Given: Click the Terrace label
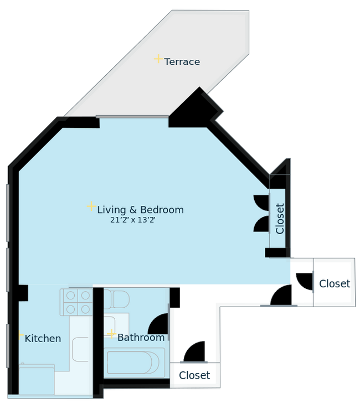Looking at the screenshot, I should (x=182, y=62).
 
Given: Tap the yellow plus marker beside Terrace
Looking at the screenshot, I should (x=158, y=59).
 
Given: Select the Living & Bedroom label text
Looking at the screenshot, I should (x=140, y=210).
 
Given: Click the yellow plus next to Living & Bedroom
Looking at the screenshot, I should (x=91, y=206).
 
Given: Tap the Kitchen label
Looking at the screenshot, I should (x=43, y=338).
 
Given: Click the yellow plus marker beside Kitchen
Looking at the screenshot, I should (x=20, y=335).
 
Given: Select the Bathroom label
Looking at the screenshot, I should (x=141, y=338).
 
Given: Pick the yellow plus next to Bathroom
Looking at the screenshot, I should (x=111, y=334).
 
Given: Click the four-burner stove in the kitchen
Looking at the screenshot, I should (x=78, y=302).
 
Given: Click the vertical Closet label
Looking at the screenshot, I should (x=280, y=219).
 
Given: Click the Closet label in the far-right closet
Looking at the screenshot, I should (x=334, y=284).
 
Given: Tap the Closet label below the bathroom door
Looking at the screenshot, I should (x=194, y=375).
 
